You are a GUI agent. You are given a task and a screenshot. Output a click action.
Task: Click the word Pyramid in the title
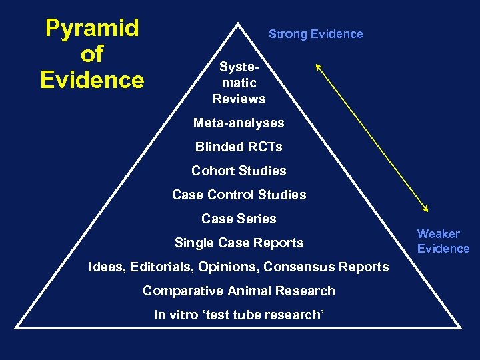point(92,29)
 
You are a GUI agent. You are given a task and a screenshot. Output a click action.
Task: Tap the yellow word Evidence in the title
point(92,80)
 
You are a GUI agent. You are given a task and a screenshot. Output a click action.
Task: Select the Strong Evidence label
point(315,34)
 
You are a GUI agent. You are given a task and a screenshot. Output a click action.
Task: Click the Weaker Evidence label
point(443,241)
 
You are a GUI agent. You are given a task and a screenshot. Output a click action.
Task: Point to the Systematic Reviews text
point(239,83)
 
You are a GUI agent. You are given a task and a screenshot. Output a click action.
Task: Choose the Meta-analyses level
point(239,123)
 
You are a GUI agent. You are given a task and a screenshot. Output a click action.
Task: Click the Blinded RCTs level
point(239,147)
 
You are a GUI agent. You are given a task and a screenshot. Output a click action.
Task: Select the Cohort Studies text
point(239,171)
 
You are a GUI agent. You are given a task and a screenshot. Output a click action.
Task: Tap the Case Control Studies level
point(239,195)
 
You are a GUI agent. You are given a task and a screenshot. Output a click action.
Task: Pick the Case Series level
point(239,219)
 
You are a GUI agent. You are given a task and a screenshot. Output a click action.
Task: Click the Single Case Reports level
point(239,243)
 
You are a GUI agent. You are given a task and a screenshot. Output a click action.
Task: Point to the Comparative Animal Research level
point(239,291)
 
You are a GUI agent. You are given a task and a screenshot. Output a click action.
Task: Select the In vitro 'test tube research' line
point(239,315)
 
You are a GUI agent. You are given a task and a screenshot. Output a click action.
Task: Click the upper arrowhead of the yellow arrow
point(317,65)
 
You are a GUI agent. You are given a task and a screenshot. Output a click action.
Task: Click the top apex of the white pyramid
point(238,23)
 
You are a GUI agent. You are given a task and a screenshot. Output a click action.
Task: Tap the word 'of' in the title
point(92,54)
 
